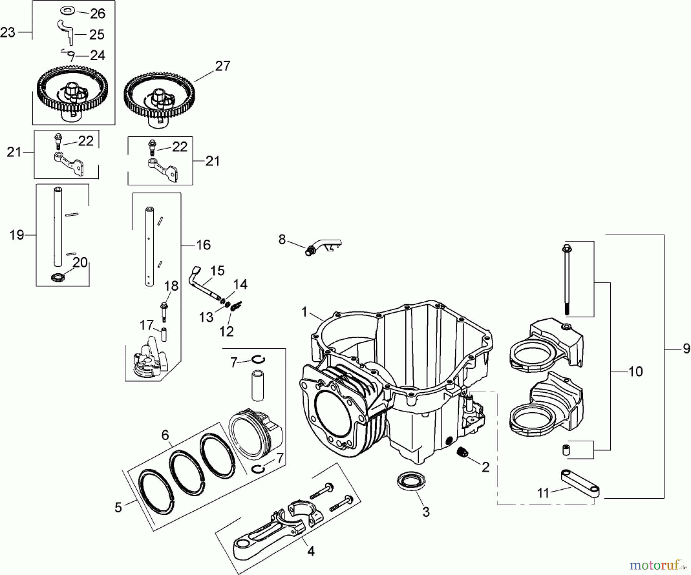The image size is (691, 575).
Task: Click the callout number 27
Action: [x=222, y=66]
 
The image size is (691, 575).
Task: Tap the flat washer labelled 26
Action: [x=68, y=9]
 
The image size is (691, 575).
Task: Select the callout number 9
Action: [x=686, y=349]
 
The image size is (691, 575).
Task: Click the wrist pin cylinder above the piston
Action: [x=257, y=385]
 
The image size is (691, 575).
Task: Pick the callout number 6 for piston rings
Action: [x=165, y=435]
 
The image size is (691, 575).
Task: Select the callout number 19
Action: [x=17, y=235]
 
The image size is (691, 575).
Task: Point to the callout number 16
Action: [x=203, y=245]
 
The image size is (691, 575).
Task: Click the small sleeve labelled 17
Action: [x=165, y=334]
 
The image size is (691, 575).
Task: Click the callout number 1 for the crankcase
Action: [x=304, y=312]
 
